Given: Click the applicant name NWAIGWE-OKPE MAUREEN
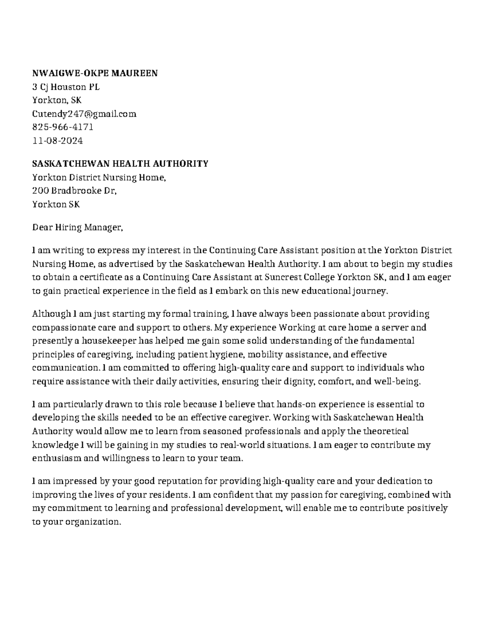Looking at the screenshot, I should click(x=95, y=73).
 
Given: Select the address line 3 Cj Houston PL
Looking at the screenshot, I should click(x=66, y=87).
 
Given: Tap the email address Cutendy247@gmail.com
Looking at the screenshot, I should click(x=84, y=114).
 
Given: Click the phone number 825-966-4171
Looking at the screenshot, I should click(x=63, y=127).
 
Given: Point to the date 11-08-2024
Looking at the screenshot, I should click(x=57, y=141).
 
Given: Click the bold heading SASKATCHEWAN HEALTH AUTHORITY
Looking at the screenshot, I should click(x=120, y=164).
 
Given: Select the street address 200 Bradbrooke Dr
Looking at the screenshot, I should click(x=74, y=191).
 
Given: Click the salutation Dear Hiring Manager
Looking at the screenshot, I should click(x=77, y=228).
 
